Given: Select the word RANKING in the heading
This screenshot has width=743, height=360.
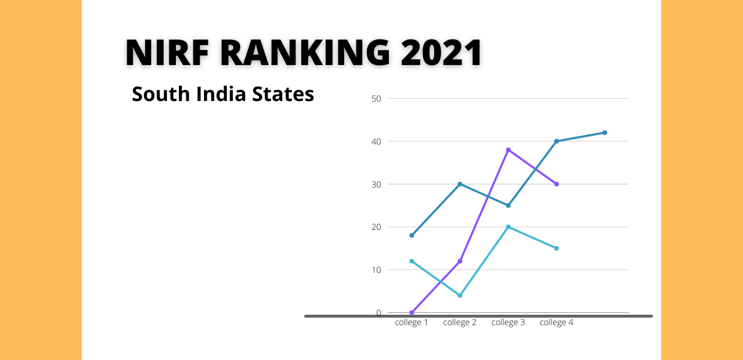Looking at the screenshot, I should (305, 53).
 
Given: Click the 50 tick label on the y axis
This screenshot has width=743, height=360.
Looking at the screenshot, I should (376, 99).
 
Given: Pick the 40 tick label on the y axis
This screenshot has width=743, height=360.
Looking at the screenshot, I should (376, 142).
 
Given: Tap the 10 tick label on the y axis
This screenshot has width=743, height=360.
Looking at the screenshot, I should (376, 270).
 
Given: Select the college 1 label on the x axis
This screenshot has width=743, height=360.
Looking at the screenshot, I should (412, 323).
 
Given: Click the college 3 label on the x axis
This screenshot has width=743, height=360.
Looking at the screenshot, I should (508, 323).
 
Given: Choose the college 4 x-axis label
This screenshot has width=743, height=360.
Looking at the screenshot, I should (556, 323).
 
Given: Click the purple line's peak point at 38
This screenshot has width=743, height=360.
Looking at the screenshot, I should (508, 150).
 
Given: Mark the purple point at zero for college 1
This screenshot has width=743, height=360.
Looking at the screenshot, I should (412, 313).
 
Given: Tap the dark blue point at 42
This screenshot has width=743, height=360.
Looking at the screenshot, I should (605, 133).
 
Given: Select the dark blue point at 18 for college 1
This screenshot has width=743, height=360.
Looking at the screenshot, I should (412, 235).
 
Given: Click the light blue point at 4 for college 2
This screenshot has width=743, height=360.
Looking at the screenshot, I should (460, 296).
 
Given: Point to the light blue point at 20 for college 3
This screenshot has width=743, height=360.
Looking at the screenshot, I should (508, 227).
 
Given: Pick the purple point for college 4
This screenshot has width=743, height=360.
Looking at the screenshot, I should (556, 184).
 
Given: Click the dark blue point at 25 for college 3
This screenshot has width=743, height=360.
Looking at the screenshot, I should (508, 206).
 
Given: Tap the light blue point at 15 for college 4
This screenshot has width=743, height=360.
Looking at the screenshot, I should (556, 249).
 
